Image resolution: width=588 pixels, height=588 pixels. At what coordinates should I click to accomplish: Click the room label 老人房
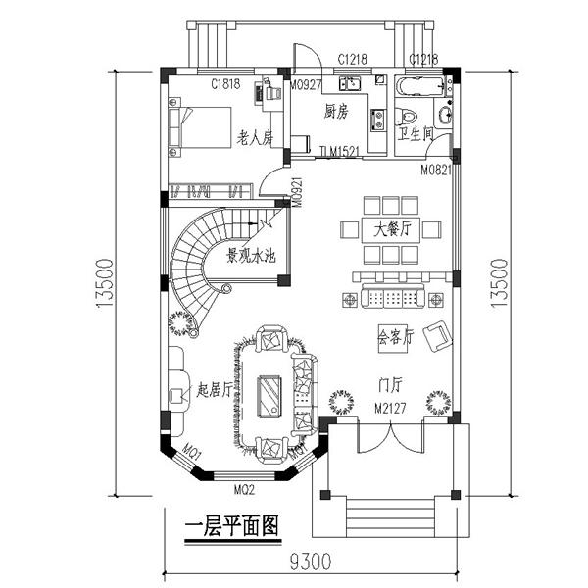(254, 139)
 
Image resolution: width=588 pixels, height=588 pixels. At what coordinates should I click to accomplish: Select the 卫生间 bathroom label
(416, 134)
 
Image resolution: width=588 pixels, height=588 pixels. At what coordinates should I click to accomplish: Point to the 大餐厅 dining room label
(391, 230)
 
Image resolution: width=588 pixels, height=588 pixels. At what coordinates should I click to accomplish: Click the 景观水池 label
(251, 257)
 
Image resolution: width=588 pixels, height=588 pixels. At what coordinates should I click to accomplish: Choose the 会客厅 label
(396, 336)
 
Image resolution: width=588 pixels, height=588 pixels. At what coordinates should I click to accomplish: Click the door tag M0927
(306, 84)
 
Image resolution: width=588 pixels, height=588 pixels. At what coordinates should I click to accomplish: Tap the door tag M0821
(437, 170)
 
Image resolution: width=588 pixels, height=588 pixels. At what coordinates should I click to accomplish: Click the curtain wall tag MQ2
(244, 487)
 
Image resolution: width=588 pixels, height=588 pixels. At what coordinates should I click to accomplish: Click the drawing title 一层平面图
(231, 525)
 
